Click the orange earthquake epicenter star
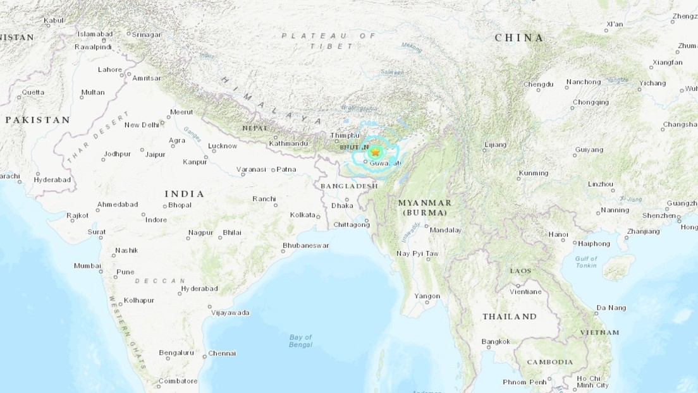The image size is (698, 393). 376,152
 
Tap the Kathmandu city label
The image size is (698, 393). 288,143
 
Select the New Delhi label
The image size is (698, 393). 141,124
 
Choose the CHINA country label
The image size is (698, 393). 519,38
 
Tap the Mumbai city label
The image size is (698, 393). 87,265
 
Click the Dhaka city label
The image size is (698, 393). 342,205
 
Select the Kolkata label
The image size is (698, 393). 302,215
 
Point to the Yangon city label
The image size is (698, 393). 427,296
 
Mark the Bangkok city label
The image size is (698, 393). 495,342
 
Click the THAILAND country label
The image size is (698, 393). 509,317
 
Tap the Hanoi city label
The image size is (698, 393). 558,234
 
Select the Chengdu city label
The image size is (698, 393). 538,84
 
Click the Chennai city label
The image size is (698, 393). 222,353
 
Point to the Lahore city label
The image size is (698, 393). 109,70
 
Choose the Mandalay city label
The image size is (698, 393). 445,230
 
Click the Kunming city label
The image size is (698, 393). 533,173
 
